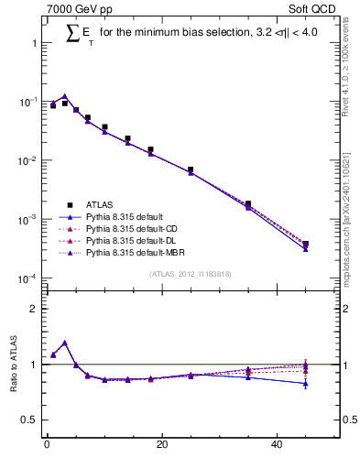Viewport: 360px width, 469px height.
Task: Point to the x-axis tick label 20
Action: (161, 446)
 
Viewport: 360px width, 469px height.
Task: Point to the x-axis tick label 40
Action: (277, 446)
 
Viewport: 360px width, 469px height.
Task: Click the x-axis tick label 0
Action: (47, 446)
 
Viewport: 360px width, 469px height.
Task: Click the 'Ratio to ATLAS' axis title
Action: (13, 365)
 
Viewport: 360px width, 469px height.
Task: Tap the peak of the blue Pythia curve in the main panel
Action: (64, 96)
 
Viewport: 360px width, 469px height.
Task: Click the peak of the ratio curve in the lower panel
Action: (64, 343)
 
